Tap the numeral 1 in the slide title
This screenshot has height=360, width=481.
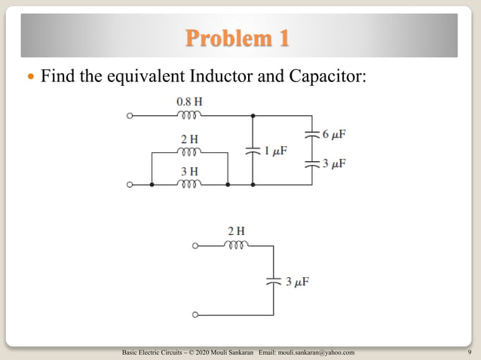point(283,37)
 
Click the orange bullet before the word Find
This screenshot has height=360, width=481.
point(31,77)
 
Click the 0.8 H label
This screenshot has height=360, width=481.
point(189,101)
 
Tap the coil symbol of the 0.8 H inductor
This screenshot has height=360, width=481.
point(189,116)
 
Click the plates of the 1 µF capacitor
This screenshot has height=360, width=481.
point(253,150)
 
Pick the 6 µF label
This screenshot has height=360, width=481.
point(334,135)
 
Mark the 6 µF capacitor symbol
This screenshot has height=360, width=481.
point(311,135)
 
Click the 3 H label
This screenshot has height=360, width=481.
point(189,172)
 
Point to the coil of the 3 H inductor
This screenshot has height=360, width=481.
point(189,184)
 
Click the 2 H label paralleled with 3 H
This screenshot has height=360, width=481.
point(189,140)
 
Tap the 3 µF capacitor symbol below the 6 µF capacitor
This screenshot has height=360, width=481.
point(311,163)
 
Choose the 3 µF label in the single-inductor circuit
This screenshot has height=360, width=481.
point(297,282)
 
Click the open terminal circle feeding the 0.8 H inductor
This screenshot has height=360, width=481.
point(130,116)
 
